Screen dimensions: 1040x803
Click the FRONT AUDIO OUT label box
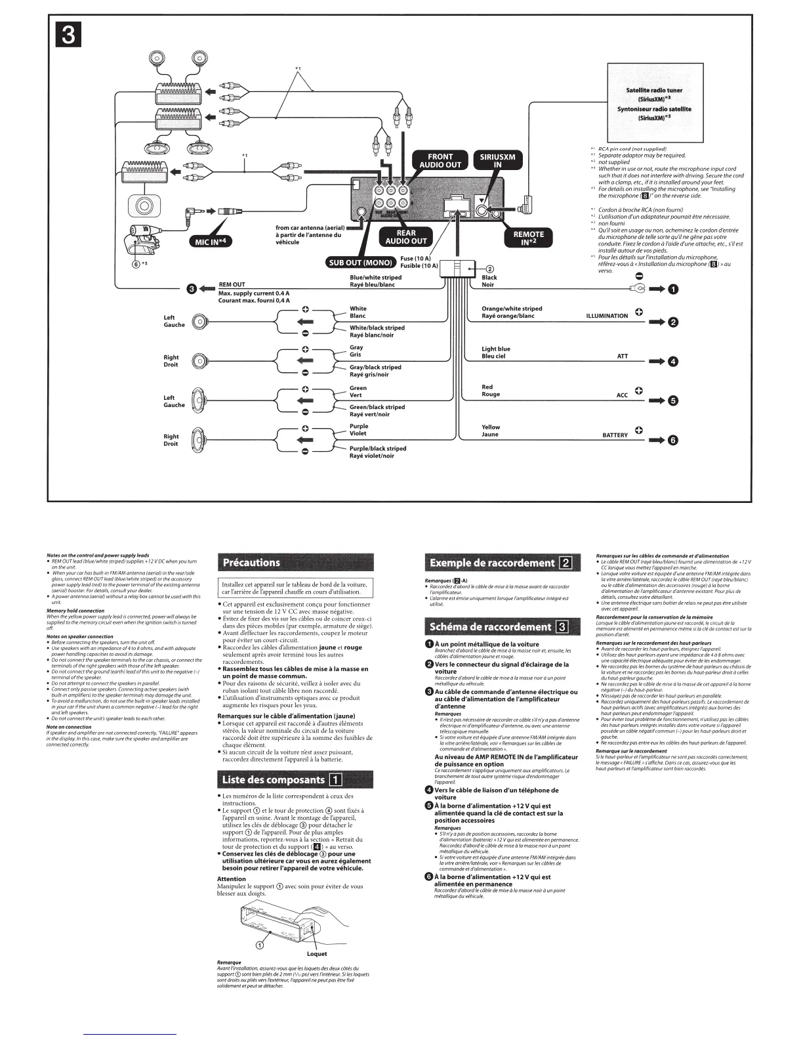pos(440,161)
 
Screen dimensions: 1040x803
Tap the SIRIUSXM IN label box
pos(497,161)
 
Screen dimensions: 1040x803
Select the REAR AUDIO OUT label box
pos(406,237)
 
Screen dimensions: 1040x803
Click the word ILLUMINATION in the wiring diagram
pos(606,316)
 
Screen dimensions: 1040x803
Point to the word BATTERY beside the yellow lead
pos(615,435)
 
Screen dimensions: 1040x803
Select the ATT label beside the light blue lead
pos(622,357)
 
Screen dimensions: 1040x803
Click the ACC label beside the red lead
pos(622,395)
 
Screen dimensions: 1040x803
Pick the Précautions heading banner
pos(295,563)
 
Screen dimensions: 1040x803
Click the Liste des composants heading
pos(295,779)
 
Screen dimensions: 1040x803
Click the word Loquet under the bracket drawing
pos(317,953)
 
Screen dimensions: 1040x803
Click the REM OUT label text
pos(232,285)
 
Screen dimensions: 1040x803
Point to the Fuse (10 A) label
pos(415,259)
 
